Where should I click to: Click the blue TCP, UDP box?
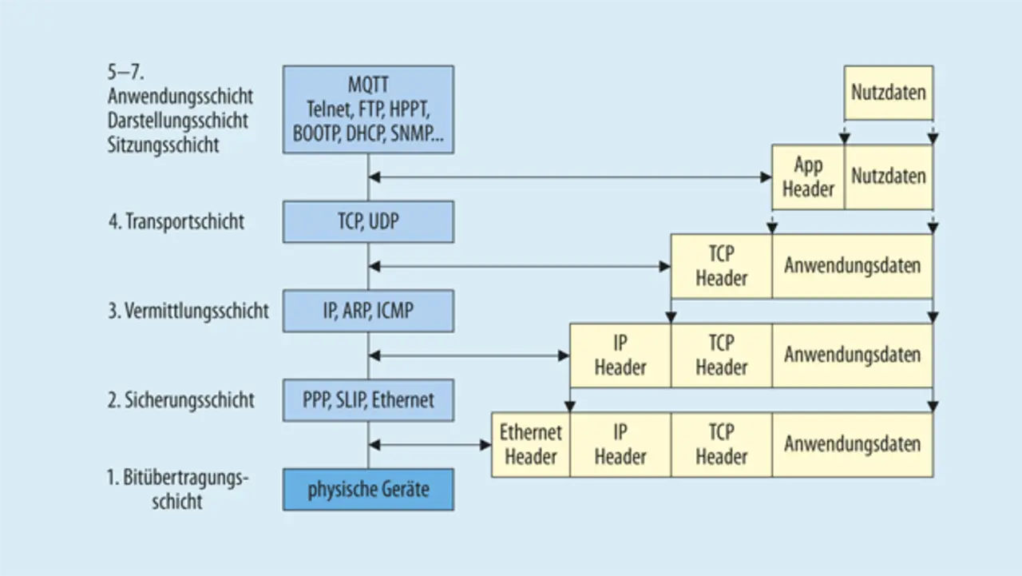(368, 222)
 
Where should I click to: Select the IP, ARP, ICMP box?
(368, 311)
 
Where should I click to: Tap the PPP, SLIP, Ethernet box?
(368, 399)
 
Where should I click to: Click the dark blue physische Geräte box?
(368, 489)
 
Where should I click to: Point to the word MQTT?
(368, 84)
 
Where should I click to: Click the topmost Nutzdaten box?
(889, 92)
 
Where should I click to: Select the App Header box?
(808, 177)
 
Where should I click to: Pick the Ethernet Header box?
(531, 444)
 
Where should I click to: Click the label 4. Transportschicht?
(176, 222)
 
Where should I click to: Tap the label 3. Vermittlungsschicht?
(188, 311)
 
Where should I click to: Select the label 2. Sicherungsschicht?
(180, 399)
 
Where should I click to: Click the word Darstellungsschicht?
(178, 121)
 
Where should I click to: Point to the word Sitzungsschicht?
(163, 145)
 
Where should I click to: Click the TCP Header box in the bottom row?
(721, 444)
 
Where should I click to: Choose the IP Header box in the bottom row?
(620, 444)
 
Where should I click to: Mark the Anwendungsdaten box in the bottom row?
(852, 444)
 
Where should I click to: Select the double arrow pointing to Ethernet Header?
(430, 444)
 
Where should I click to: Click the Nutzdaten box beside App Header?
(889, 177)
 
